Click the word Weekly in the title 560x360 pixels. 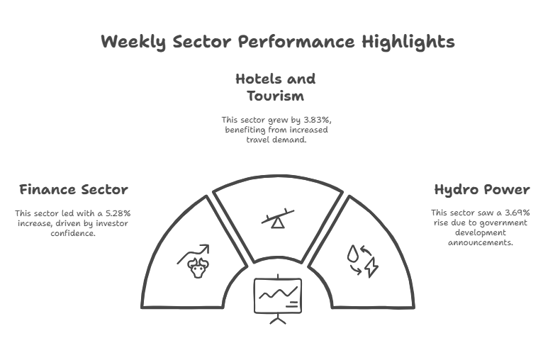tap(133, 42)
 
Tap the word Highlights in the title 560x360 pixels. tap(408, 42)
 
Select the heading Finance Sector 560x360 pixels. tap(74, 189)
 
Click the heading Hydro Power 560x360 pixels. tap(482, 190)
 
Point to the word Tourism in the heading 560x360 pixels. tap(275, 96)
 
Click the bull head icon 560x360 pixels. tap(198, 268)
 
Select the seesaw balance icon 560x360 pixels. tap(278, 218)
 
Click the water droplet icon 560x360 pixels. tap(353, 253)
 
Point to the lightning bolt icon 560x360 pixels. tap(371, 267)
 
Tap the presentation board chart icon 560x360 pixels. tap(278, 299)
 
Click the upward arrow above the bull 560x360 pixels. tap(194, 254)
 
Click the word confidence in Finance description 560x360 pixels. tap(73, 233)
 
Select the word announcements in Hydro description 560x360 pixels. tap(481, 242)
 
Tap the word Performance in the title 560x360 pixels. tap(296, 42)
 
